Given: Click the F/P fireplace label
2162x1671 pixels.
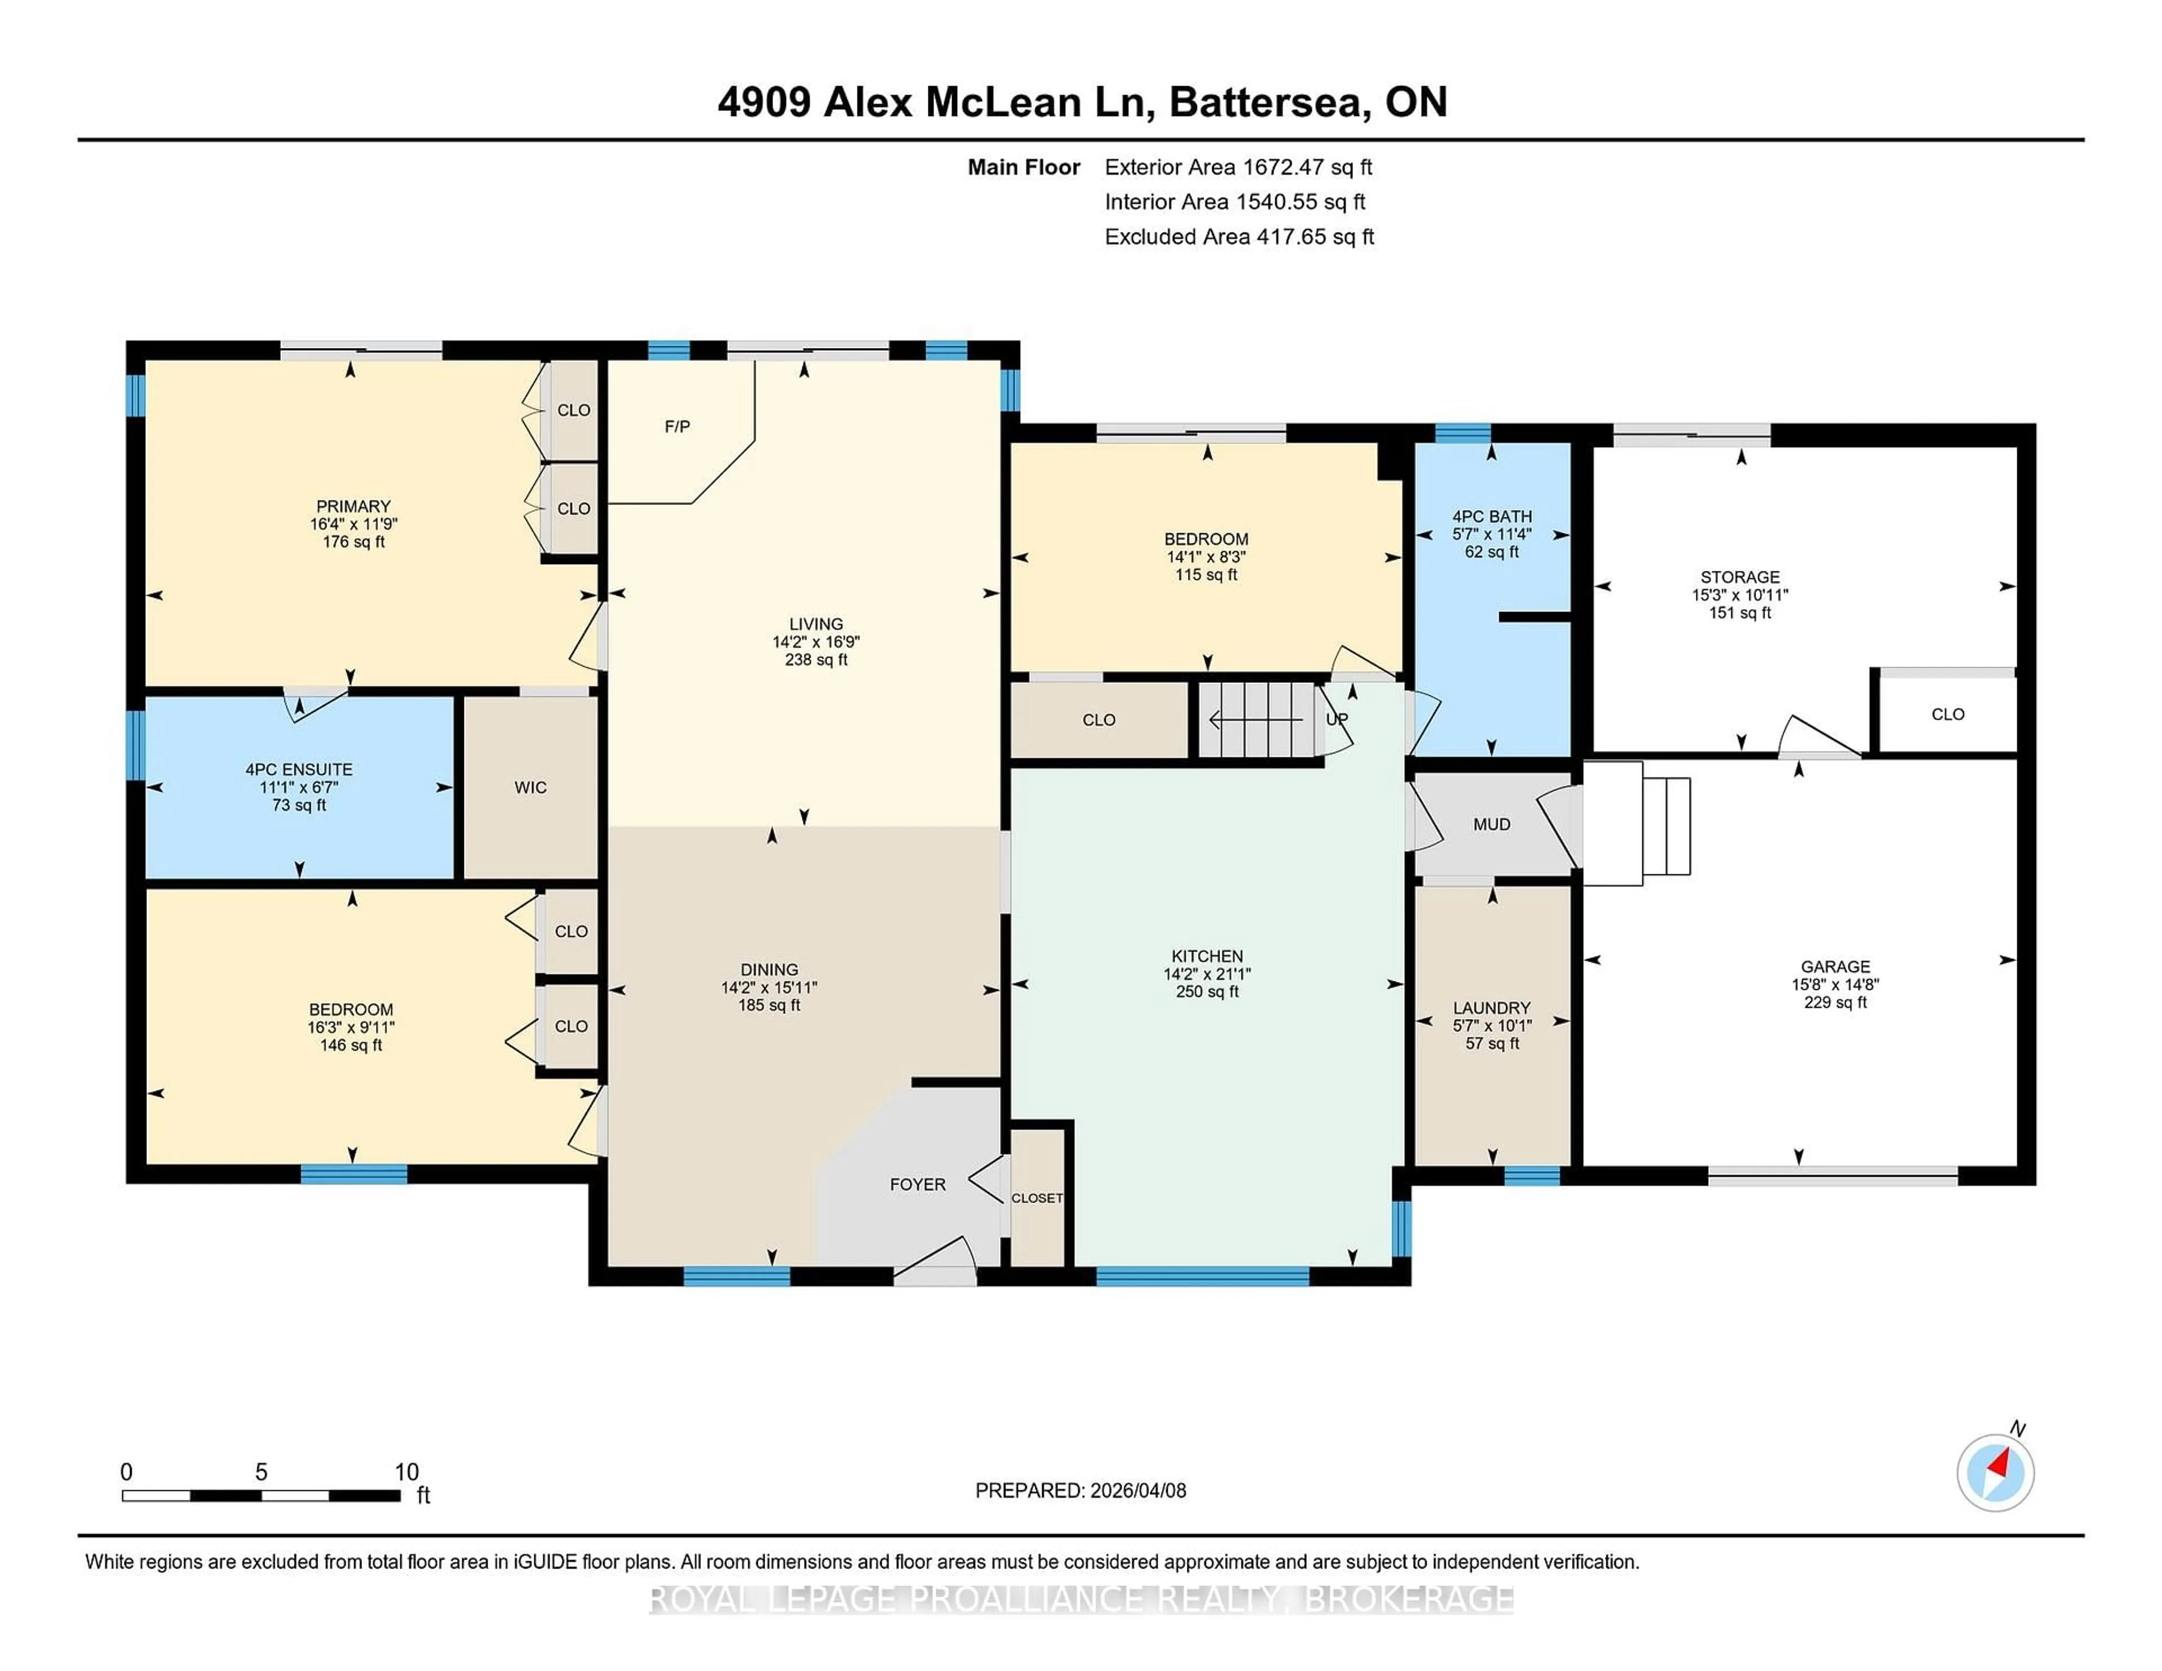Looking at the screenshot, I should pos(677,427).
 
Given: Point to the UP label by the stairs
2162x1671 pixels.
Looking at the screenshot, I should pos(1337,720).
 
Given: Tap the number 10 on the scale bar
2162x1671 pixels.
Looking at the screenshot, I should pos(407,1472).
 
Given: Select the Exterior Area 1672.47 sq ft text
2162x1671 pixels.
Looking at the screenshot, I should pos(1239,167).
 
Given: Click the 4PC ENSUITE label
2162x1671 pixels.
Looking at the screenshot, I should pos(299,769).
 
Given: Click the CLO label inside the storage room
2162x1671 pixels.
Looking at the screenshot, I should pos(1947,714).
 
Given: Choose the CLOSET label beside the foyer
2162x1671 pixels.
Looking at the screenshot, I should pos(1037,1199).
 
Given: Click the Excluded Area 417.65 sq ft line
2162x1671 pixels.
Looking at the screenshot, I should pos(1239,236).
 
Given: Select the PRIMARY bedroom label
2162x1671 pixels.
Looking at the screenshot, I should pos(354,506).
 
